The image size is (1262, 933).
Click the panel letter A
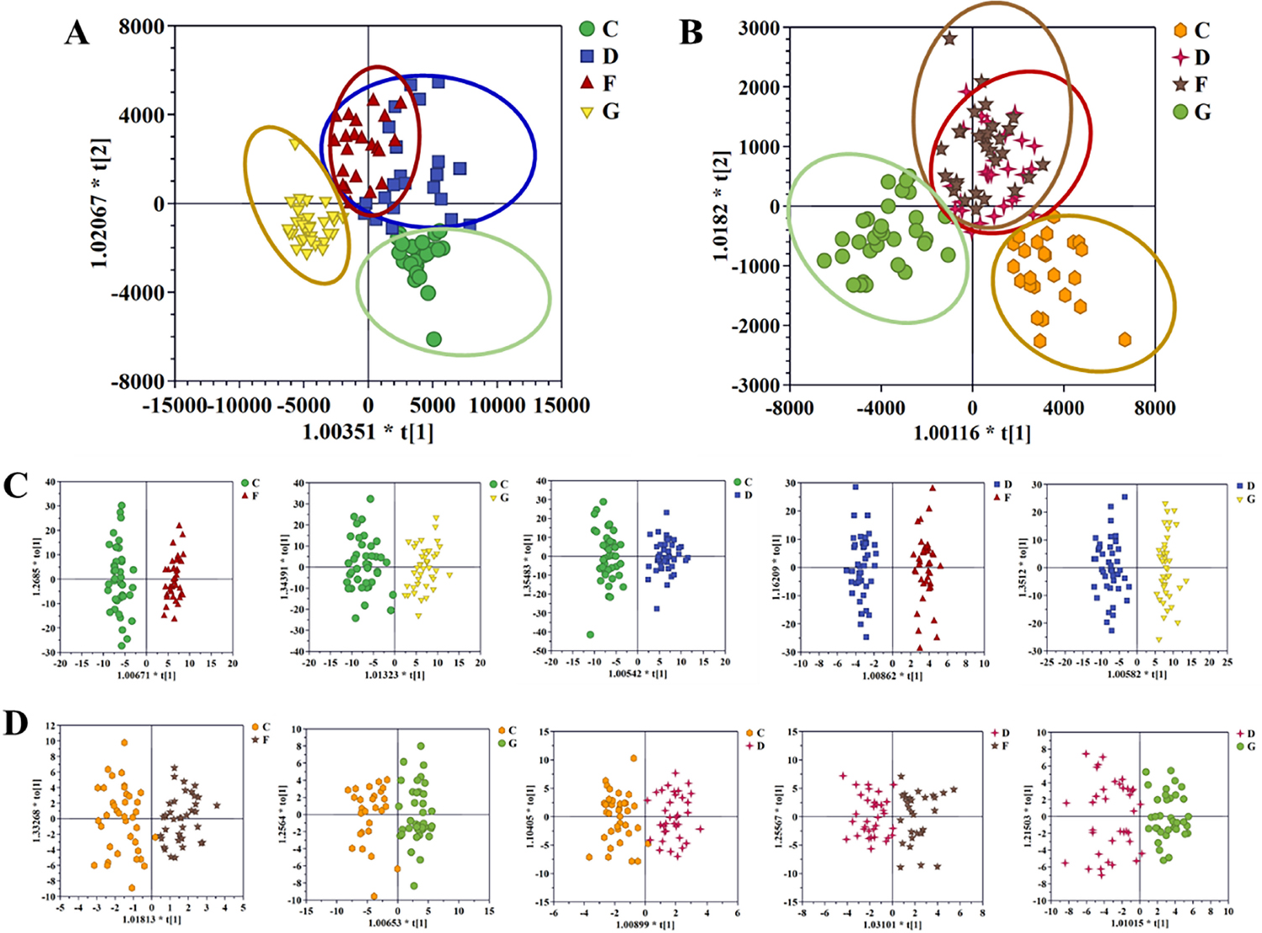(x=76, y=33)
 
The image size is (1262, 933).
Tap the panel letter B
(x=691, y=33)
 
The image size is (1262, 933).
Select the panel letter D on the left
(x=16, y=723)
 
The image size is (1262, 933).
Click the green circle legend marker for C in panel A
(x=587, y=29)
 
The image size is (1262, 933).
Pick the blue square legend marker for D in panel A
(x=587, y=56)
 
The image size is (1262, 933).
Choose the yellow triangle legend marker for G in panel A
(x=587, y=112)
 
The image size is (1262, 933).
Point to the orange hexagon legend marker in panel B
(x=1180, y=30)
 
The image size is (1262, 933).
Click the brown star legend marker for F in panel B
(x=1180, y=85)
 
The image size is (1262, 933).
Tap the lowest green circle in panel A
(x=434, y=339)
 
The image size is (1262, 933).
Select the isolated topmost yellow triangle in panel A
(x=295, y=144)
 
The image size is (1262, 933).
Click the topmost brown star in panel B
(x=949, y=39)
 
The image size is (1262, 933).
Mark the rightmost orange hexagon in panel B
(x=1125, y=340)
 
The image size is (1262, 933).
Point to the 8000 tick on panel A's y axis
(x=141, y=27)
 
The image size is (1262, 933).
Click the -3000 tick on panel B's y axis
(x=759, y=385)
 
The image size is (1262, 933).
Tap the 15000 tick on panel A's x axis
(x=561, y=406)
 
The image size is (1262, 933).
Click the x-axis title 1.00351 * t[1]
(x=368, y=432)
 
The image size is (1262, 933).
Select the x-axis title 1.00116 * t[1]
(x=972, y=433)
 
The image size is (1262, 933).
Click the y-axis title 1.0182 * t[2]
(x=720, y=207)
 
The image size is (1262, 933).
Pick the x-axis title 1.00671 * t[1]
(x=146, y=675)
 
